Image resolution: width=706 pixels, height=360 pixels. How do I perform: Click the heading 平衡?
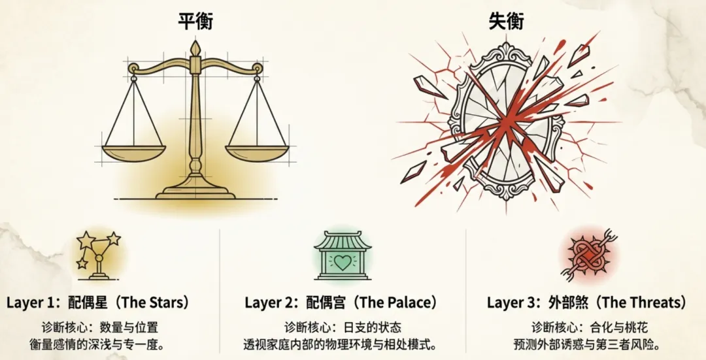[195, 21]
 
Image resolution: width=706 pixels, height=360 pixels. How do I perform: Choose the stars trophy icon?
[97, 252]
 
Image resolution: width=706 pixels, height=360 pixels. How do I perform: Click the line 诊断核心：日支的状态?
[343, 327]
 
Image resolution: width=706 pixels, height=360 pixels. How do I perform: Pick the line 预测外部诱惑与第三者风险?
[586, 344]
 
